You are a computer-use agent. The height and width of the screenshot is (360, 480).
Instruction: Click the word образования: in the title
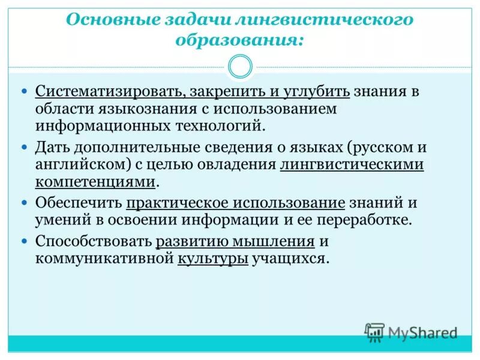[x=239, y=41]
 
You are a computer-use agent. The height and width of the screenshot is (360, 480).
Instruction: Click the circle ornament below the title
[x=240, y=67]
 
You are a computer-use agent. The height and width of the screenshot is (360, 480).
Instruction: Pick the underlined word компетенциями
[x=96, y=182]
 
